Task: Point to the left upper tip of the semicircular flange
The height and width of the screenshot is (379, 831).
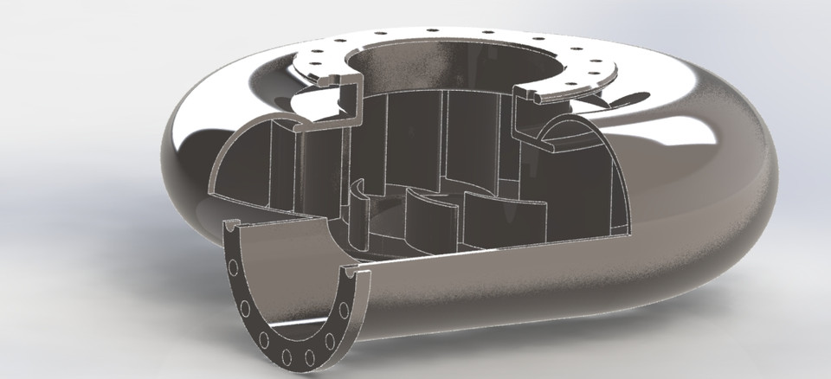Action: coord(231,226)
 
